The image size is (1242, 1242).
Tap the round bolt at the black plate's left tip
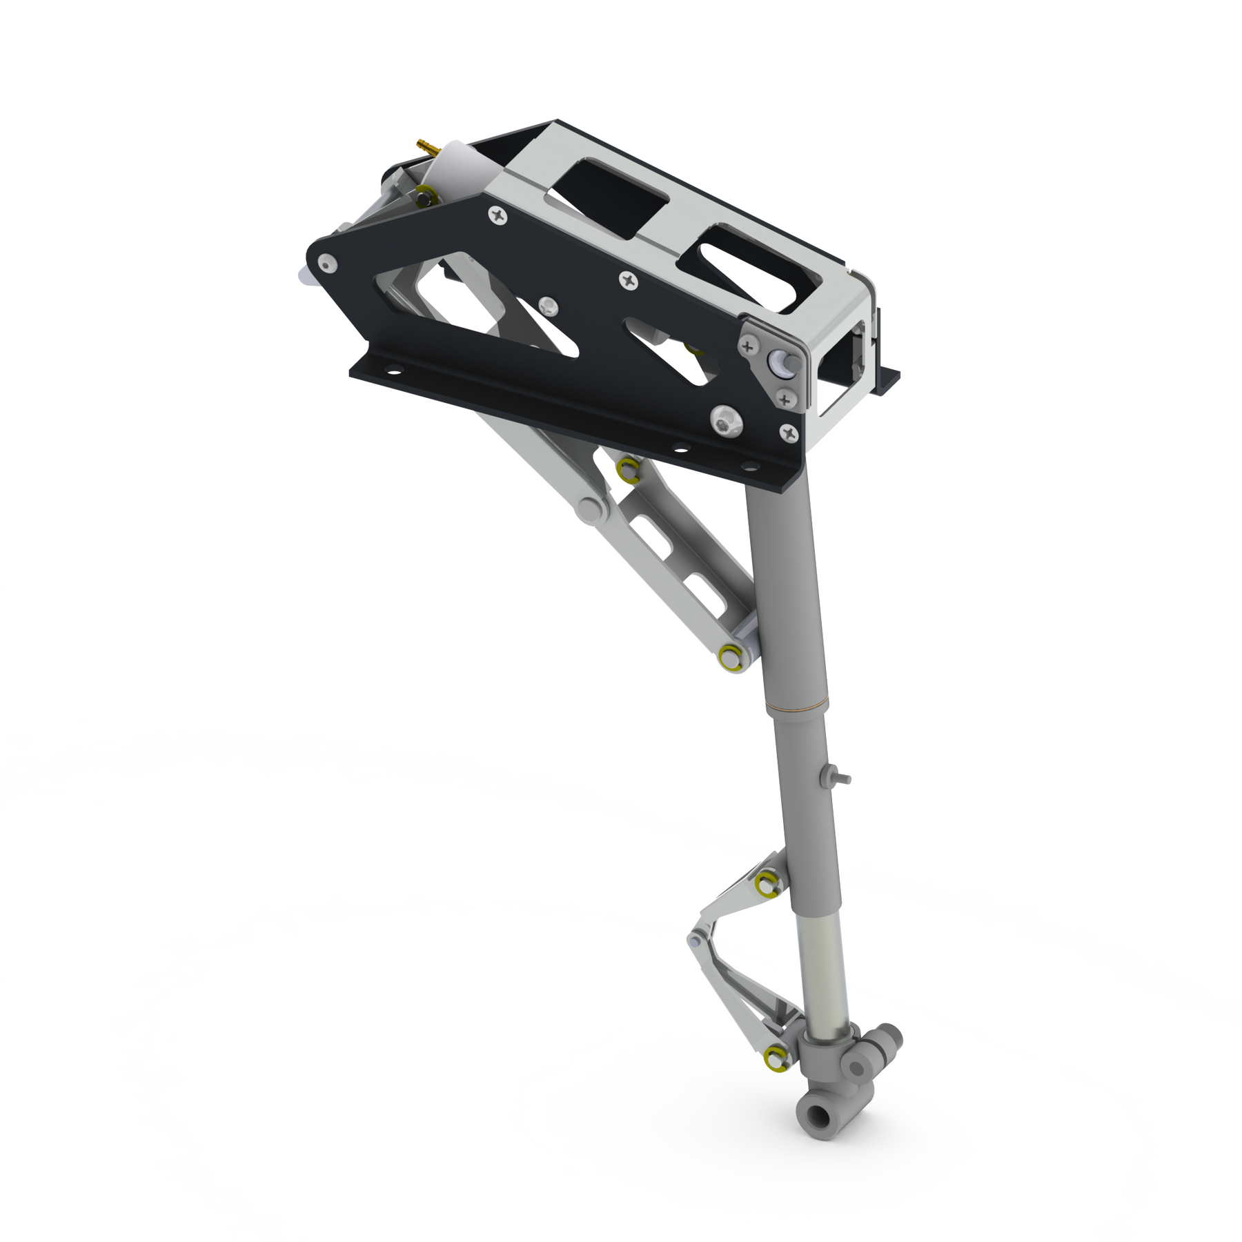pos(327,262)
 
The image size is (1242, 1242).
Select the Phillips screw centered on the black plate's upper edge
pos(629,280)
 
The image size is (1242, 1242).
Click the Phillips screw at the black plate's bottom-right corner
pos(787,433)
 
